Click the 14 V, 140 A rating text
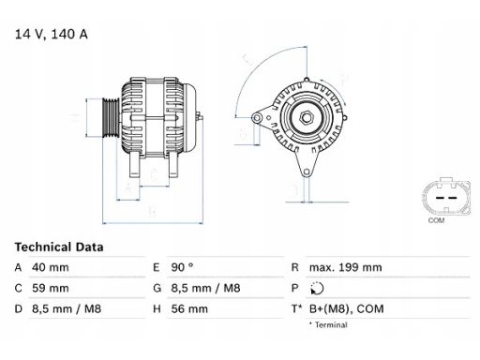point(52,34)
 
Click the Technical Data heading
point(59,247)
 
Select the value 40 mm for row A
point(51,267)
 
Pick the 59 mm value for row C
point(51,288)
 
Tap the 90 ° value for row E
point(182,267)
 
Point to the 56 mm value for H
point(189,309)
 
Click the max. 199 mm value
point(346,267)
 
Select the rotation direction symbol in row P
point(317,288)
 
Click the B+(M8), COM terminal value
point(347,309)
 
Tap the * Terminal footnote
point(328,325)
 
